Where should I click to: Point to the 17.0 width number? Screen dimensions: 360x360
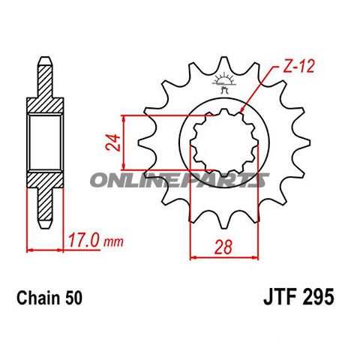click(x=82, y=241)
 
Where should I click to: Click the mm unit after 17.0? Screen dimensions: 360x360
click(x=112, y=243)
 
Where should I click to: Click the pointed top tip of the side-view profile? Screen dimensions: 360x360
click(x=45, y=60)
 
